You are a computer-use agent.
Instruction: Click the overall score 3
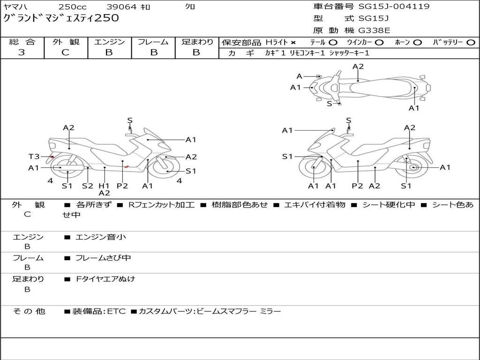tap(22, 52)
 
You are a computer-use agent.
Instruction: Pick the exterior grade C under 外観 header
tap(66, 52)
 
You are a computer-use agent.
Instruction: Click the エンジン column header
tap(109, 42)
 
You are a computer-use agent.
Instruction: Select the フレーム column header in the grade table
tap(153, 42)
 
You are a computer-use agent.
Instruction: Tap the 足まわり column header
tap(197, 42)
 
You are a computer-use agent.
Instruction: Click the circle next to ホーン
tap(418, 43)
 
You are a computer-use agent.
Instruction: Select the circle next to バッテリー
tap(471, 43)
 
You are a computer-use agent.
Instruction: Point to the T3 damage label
tap(34, 157)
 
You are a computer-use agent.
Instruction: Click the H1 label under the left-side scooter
tap(104, 186)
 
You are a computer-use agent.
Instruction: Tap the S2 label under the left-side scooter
tap(88, 186)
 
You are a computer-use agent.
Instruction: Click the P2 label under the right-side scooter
tap(357, 186)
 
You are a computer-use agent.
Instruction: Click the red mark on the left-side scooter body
tap(127, 166)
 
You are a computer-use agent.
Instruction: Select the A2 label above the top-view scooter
tap(358, 67)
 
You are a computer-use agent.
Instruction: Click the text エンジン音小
tap(100, 237)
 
